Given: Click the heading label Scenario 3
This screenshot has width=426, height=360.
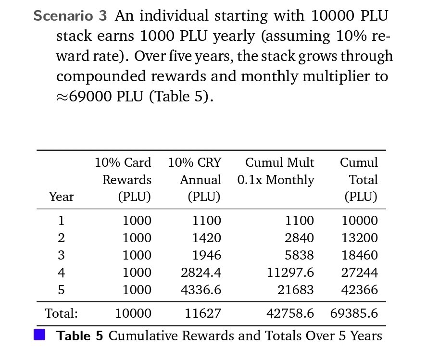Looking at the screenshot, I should [70, 16].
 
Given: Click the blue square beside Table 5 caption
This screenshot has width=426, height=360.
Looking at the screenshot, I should [39, 335].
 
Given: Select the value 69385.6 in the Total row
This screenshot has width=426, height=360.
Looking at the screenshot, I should [354, 314].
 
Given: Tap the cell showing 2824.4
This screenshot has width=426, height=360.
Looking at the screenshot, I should [200, 273].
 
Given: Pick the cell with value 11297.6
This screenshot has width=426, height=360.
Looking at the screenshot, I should [290, 273].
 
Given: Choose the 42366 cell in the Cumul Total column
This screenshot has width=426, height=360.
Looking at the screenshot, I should [359, 290].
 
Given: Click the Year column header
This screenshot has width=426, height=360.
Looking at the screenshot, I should [61, 197].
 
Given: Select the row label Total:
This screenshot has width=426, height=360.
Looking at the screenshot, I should [61, 314].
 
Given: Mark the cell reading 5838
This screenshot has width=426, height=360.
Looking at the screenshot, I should [299, 255].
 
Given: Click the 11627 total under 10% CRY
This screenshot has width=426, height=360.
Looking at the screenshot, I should [203, 314].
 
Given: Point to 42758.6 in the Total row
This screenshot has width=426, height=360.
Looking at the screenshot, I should [290, 314].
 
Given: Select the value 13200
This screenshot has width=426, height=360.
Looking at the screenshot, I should [359, 238].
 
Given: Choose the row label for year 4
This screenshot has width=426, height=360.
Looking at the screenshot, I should [61, 273].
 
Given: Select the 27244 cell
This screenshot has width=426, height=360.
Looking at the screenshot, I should [359, 273].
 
